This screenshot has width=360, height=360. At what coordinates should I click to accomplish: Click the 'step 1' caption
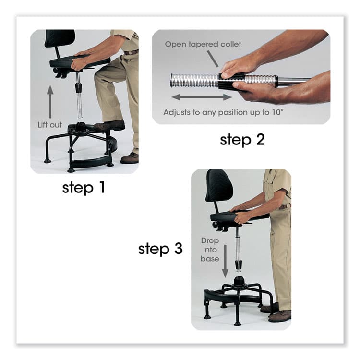[x=83, y=187]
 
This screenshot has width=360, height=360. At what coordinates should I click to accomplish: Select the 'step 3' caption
[x=160, y=249]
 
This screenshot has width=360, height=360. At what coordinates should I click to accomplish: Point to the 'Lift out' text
[x=50, y=125]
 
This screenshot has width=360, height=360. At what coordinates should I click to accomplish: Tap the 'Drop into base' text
[x=209, y=250]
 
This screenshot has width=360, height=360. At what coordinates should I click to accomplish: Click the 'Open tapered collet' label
[x=203, y=44]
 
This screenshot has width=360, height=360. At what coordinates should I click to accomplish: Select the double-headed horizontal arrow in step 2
[x=202, y=97]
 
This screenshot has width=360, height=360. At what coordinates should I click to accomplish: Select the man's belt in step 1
[x=131, y=51]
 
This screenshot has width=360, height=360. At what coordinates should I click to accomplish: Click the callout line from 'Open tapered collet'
[x=214, y=59]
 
